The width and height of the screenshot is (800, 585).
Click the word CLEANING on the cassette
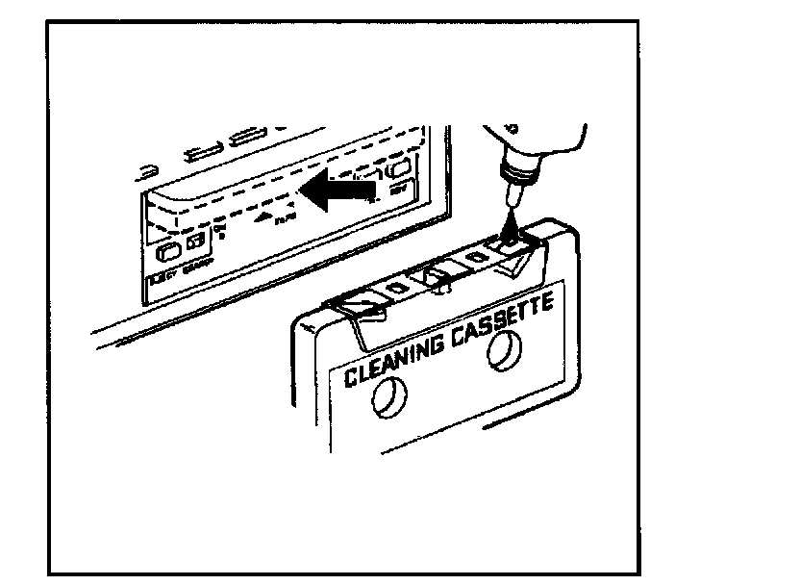point(394,356)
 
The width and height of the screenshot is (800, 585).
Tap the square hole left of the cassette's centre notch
point(395,290)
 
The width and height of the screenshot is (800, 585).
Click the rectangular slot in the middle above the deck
point(205,150)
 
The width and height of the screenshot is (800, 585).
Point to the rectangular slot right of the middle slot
point(248,135)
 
